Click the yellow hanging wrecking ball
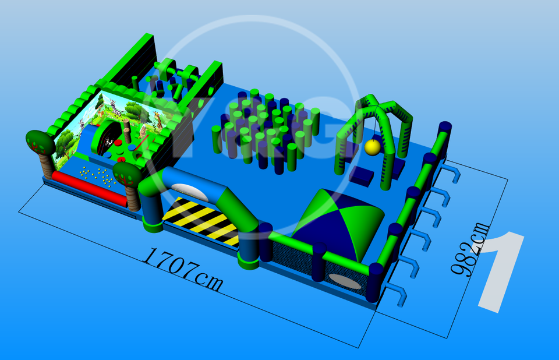point(373,147)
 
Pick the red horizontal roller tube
point(90,188)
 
